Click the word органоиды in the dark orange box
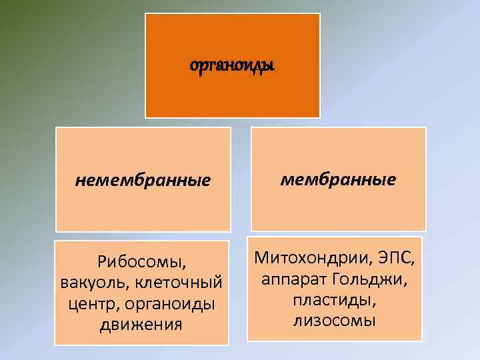tap(233, 66)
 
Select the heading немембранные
tap(143, 180)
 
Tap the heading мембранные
tap(338, 179)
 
